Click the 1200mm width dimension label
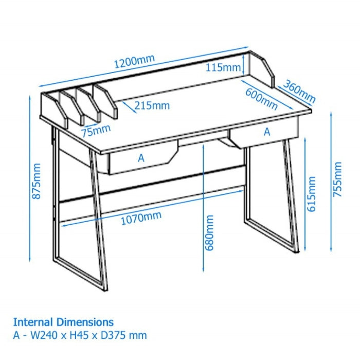(x=134, y=61)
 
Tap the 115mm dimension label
(x=223, y=67)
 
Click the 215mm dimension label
(x=152, y=106)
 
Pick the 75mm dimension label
(x=96, y=130)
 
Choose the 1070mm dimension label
(x=141, y=219)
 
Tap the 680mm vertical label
(x=209, y=233)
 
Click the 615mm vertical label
(x=311, y=194)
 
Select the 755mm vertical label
(x=337, y=179)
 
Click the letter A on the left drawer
(x=141, y=158)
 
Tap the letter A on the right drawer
(x=266, y=132)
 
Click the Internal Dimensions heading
(x=63, y=322)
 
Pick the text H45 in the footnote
(x=79, y=336)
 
